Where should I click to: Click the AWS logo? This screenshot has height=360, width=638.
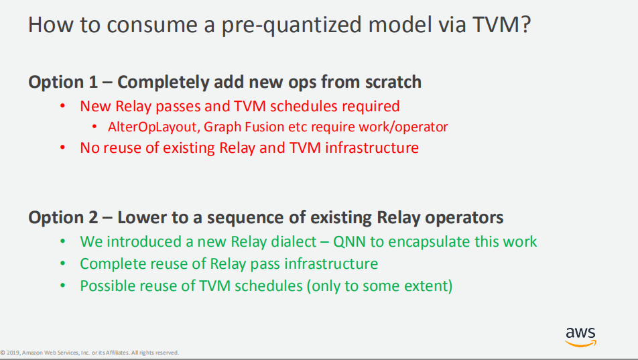580,337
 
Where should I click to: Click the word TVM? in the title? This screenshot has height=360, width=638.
502,24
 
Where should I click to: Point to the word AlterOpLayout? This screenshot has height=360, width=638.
153,127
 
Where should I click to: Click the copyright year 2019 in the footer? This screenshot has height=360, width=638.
13,353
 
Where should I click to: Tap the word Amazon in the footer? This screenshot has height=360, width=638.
33,353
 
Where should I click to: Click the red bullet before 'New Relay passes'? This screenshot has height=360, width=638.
63,107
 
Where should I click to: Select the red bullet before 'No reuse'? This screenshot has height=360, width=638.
63,147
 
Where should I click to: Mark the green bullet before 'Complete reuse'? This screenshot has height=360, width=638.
63,263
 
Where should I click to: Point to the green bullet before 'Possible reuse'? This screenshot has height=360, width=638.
63,286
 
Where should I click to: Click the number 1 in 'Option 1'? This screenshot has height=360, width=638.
92,82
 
